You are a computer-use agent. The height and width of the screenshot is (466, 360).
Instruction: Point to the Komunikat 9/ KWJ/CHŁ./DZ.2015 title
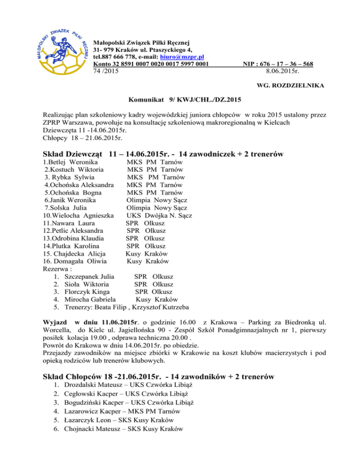[x=186, y=99]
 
